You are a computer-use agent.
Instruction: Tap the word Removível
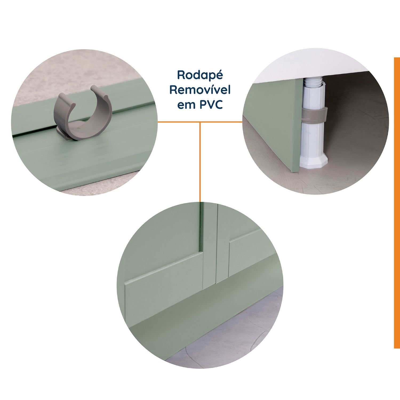(x=200, y=90)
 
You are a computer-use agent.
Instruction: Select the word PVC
(x=211, y=105)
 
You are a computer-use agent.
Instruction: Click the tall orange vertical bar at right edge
(x=397, y=203)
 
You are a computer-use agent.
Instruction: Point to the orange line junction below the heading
(x=200, y=122)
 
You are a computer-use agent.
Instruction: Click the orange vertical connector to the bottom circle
(x=200, y=162)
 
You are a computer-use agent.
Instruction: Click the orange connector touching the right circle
(x=221, y=122)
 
